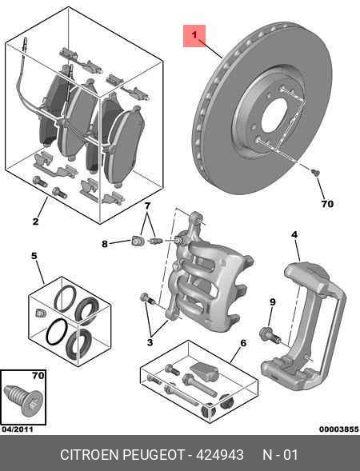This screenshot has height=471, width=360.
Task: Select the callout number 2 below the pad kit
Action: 36,222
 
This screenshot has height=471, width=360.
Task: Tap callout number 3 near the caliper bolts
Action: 150,342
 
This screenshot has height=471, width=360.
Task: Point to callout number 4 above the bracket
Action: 294,234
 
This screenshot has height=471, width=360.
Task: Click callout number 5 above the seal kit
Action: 34,256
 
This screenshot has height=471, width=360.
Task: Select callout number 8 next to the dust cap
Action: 105,244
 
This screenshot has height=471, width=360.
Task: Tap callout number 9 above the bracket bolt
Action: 272,301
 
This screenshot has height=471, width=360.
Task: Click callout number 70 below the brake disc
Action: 326,204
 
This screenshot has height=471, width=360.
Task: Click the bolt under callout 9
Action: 266,333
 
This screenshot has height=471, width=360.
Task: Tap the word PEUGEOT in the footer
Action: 151,454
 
